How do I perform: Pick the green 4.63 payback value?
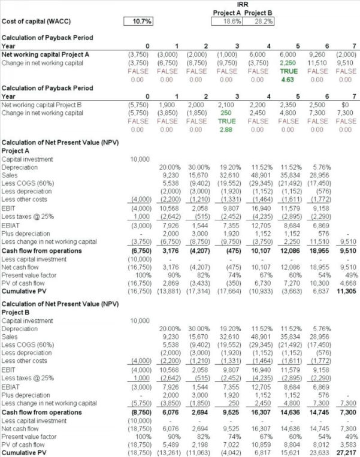tap(288, 78)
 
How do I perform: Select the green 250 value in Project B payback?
tap(226, 112)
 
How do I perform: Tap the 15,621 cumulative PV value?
tap(288, 453)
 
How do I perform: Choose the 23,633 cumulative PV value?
tap(318, 453)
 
